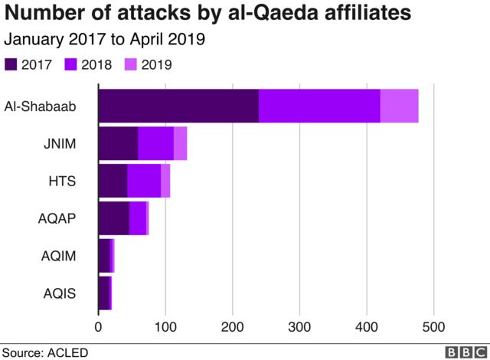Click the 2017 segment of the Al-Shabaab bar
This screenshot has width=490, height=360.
tap(178, 106)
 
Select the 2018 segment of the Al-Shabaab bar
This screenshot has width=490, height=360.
tap(319, 106)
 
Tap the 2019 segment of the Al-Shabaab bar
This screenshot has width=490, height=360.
tap(399, 106)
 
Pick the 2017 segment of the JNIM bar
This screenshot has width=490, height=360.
tap(118, 143)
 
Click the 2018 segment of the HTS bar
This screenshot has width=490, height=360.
tap(144, 181)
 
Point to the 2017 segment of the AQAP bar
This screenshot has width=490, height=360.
tap(113, 218)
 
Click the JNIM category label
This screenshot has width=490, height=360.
tap(60, 143)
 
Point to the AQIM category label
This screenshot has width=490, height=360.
tap(58, 256)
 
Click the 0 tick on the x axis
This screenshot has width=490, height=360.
tap(99, 326)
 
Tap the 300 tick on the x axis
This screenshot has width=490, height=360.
tap(299, 326)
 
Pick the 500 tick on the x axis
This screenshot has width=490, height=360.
tap(433, 326)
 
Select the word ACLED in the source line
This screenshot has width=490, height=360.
tap(69, 352)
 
